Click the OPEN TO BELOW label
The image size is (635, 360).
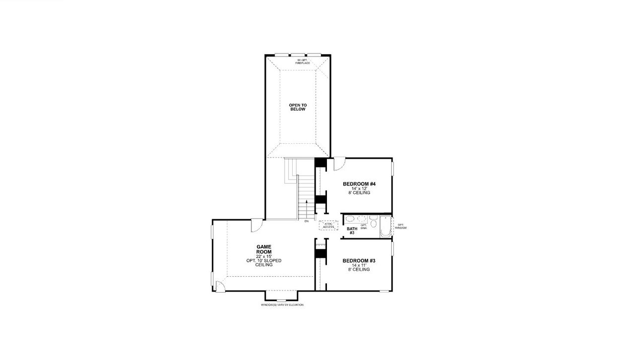298,107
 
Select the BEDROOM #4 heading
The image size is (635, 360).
356,184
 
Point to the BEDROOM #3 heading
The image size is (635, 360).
356,261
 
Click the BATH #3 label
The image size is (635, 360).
352,231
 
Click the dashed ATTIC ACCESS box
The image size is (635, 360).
328,225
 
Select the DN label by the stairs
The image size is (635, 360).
307,221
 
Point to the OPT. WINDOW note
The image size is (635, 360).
401,226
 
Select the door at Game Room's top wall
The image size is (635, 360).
256,226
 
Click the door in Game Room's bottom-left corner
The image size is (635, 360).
219,287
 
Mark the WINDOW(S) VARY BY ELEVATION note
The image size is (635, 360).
282,305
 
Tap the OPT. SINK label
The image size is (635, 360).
364,227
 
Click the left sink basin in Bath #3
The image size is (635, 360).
350,218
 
